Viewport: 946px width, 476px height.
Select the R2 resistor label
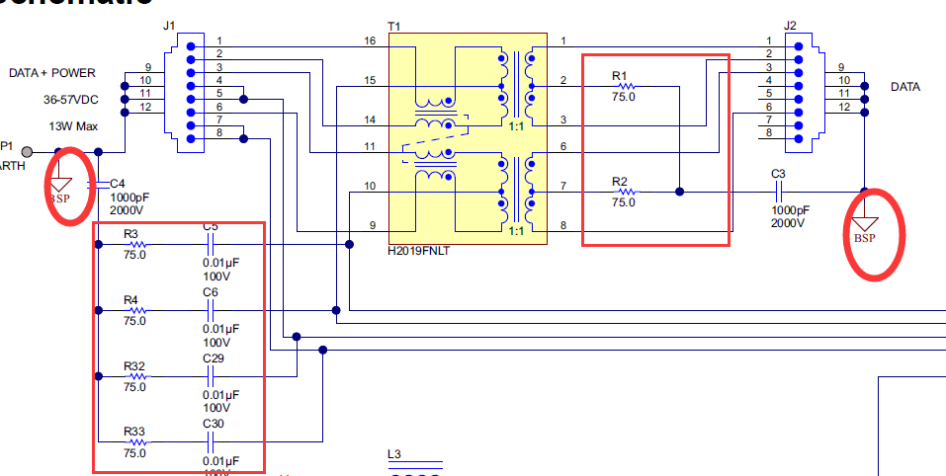(619, 181)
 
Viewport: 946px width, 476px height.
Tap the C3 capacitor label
(778, 174)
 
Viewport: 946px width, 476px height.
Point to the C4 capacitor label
(118, 184)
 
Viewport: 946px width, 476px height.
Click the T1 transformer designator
(394, 25)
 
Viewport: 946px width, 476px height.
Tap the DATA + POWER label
(51, 73)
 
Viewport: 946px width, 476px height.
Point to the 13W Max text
(71, 125)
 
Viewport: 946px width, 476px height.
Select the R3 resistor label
(131, 233)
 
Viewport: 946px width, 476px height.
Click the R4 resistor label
(131, 299)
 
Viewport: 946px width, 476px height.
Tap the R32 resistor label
(134, 365)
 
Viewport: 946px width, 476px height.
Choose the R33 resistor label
(134, 432)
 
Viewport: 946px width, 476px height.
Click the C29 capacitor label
(213, 358)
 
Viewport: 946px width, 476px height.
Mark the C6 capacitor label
(210, 292)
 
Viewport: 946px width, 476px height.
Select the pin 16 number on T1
(370, 41)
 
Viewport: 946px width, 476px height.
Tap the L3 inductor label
(394, 455)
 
